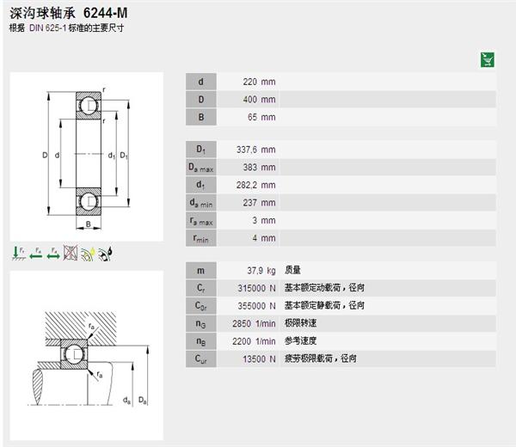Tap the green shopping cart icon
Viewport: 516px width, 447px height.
pos(487,59)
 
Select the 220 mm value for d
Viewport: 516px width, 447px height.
pos(259,82)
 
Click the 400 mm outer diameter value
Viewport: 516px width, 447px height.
pos(259,100)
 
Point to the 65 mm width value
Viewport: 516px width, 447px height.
pos(261,117)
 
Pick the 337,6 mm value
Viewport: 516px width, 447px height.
pos(255,150)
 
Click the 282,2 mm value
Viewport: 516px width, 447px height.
pos(255,185)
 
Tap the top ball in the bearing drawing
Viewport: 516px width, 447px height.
pos(89,106)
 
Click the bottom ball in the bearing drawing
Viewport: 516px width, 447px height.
pos(89,202)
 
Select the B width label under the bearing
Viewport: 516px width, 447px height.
pos(89,225)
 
